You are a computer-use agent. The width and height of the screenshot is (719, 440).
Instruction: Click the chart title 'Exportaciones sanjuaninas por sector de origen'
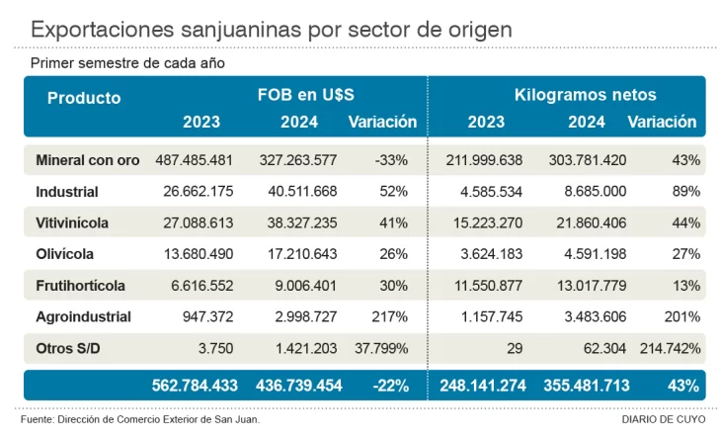point(272,29)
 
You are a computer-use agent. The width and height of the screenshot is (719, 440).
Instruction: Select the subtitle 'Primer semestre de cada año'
point(127,63)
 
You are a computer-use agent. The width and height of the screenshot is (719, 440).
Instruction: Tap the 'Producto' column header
point(84,98)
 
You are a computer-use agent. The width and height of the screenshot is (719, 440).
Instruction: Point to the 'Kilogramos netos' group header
point(585,95)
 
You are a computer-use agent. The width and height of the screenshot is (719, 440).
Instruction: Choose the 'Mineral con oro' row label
point(87,159)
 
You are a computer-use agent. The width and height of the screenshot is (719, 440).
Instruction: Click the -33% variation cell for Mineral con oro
point(392,159)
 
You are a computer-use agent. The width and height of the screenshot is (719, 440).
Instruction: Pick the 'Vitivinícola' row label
point(72,222)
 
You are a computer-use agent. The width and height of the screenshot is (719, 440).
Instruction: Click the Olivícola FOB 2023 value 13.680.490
point(194,254)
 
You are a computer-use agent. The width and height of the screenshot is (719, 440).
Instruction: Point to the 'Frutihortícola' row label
point(80,286)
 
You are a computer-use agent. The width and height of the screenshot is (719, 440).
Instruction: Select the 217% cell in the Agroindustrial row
point(391,317)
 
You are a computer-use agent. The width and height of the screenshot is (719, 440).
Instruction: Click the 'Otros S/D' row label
point(68,349)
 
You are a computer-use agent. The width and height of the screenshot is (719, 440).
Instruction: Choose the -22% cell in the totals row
point(391,386)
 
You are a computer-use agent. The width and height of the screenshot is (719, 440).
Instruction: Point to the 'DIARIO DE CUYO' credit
point(661,419)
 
